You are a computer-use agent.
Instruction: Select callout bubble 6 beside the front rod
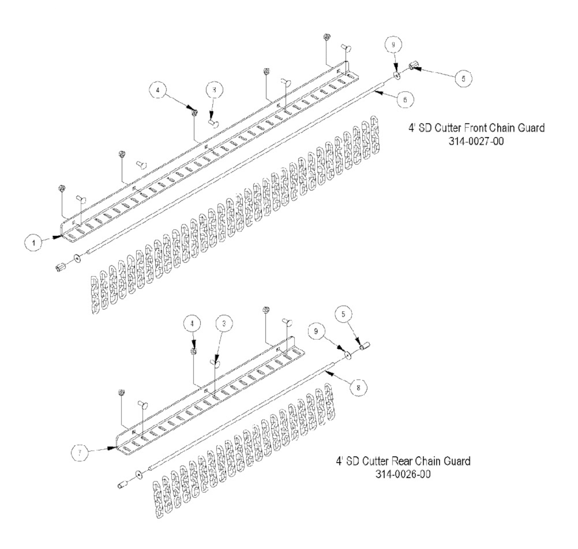tap(405, 100)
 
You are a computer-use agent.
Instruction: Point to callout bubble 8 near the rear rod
tap(358, 387)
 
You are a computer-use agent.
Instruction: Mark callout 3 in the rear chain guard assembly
tap(223, 324)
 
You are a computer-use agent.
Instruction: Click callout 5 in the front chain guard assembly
tap(463, 78)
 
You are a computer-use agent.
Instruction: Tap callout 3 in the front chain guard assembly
tap(215, 89)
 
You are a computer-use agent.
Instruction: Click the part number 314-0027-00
tap(476, 141)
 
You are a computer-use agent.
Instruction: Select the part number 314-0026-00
tap(403, 474)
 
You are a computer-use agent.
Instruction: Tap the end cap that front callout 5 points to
tap(413, 65)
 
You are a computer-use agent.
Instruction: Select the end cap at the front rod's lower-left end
tap(60, 267)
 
